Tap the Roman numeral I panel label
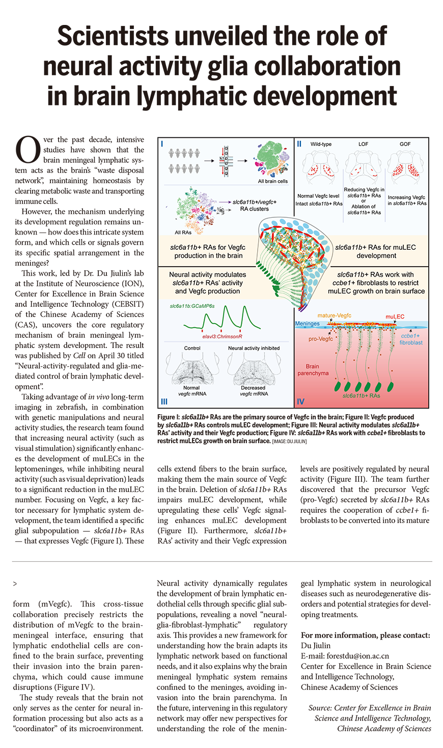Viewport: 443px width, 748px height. [162, 144]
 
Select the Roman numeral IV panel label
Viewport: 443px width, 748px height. [301, 401]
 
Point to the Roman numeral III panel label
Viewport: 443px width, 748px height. [164, 401]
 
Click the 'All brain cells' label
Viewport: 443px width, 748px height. [273, 181]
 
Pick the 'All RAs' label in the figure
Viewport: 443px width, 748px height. [183, 233]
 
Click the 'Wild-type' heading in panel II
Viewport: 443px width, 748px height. [321, 145]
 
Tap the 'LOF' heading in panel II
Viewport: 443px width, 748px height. [363, 145]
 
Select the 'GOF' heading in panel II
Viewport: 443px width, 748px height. [405, 145]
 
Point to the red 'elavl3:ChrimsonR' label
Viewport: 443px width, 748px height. [223, 337]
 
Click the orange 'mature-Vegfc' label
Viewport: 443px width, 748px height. [334, 316]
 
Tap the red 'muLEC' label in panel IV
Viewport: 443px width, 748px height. [395, 317]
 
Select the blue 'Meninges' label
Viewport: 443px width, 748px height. [308, 324]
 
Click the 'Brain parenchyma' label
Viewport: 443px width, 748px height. [313, 369]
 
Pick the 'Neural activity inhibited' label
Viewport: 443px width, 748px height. [254, 348]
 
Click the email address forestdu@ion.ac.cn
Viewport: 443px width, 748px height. [345, 656]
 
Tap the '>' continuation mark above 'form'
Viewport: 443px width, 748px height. [15, 584]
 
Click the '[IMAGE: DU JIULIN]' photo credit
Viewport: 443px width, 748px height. [289, 441]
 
